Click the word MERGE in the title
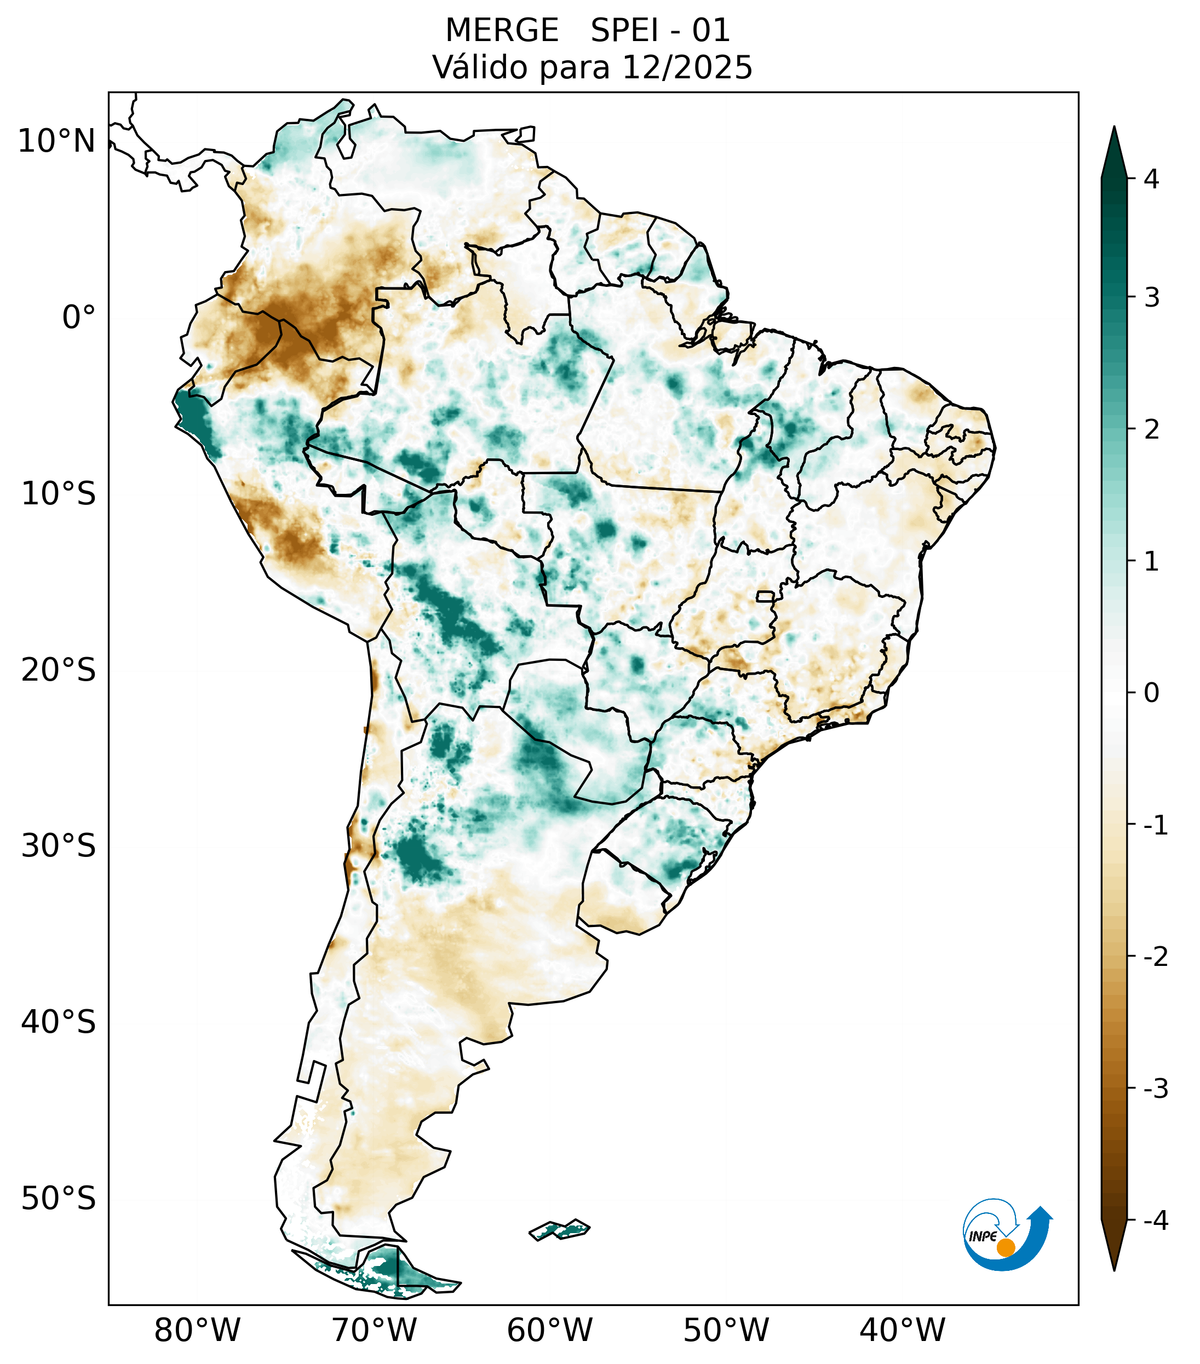[502, 31]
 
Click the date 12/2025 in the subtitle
[687, 67]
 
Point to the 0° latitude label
[79, 318]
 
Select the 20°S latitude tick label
[59, 670]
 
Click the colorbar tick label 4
[1151, 179]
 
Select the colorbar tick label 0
[1151, 693]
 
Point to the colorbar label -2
[1155, 957]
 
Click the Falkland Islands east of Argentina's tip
[559, 1229]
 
